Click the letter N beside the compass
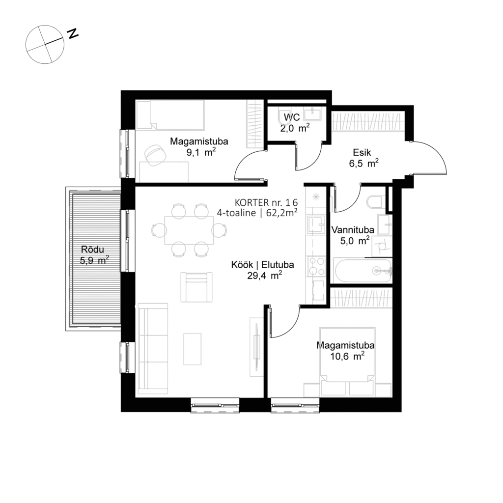coord(73,33)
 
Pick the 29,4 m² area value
coord(264,276)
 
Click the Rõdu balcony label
coord(94,249)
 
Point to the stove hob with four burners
coord(315,267)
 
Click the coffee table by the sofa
coord(193,349)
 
